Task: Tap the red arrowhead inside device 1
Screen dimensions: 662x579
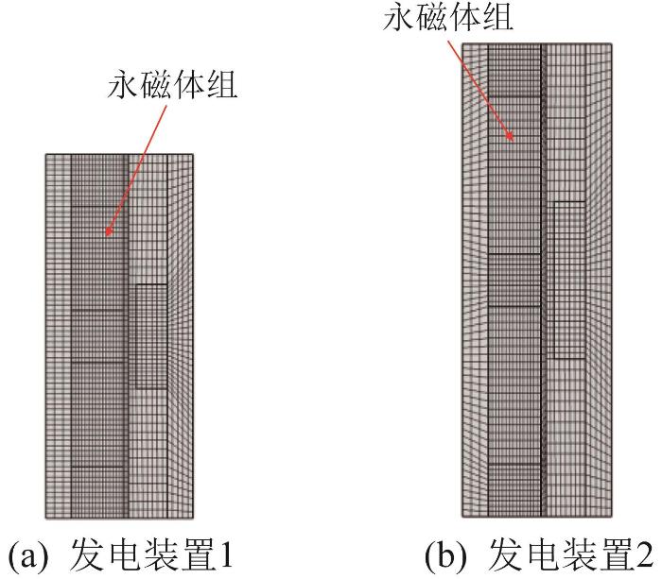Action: coord(109,230)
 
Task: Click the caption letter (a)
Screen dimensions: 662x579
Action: coord(27,556)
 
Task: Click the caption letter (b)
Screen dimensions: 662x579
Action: coord(445,556)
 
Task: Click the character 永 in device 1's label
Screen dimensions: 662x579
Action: coord(123,86)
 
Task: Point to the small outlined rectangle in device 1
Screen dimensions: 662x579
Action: coord(151,336)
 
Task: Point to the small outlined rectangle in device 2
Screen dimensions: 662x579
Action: coord(569,280)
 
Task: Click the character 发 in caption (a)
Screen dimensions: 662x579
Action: coord(85,555)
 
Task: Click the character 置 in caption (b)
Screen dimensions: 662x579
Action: coord(614,555)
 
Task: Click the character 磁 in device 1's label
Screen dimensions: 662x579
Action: coord(155,86)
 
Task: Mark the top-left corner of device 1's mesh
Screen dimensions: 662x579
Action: coord(46,154)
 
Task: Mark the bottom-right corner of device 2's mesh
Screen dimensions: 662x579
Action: coord(612,517)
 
